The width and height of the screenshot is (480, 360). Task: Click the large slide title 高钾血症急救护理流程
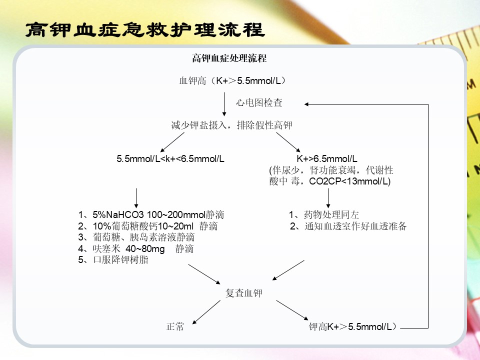pyautogui.click(x=145, y=30)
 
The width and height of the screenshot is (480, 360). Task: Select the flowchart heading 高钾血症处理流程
pyautogui.click(x=229, y=58)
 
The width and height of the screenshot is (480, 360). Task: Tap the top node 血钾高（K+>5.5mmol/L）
pyautogui.click(x=232, y=81)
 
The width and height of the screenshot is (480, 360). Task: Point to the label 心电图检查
pyautogui.click(x=259, y=102)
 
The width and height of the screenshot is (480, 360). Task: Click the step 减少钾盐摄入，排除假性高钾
pyautogui.click(x=231, y=125)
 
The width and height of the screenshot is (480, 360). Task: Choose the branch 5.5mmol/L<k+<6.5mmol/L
pyautogui.click(x=170, y=158)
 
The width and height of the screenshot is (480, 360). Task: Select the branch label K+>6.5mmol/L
pyautogui.click(x=327, y=158)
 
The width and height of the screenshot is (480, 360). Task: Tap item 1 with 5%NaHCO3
pyautogui.click(x=151, y=214)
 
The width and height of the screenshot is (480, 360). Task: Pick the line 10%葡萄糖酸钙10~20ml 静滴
pyautogui.click(x=147, y=226)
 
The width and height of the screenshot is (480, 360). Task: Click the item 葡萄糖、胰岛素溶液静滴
pyautogui.click(x=136, y=237)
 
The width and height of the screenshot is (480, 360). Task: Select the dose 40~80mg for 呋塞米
pyautogui.click(x=145, y=249)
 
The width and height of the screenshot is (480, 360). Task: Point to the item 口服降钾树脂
pyautogui.click(x=113, y=260)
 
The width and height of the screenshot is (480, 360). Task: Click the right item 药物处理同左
pyautogui.click(x=324, y=214)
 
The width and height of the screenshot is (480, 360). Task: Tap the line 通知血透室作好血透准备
pyautogui.click(x=348, y=226)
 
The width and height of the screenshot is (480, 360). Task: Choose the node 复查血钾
pyautogui.click(x=243, y=293)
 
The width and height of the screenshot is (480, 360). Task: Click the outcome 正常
pyautogui.click(x=175, y=326)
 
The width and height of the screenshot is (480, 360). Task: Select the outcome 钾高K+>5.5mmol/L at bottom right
pyautogui.click(x=352, y=326)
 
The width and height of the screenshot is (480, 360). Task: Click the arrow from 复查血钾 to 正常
pyautogui.click(x=206, y=312)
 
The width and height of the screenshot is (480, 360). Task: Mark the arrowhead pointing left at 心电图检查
pyautogui.click(x=306, y=104)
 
